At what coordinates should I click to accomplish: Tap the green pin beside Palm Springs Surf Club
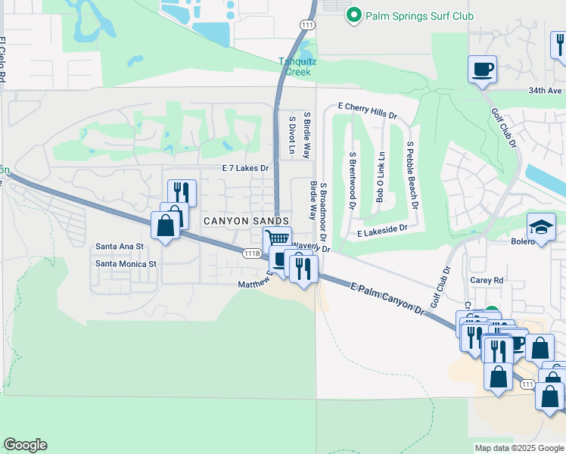click(353, 15)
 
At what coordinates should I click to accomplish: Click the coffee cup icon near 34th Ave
click(482, 70)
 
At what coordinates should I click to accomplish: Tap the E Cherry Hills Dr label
click(367, 110)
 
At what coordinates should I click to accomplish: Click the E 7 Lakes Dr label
click(245, 168)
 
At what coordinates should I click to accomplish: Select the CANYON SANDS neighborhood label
click(246, 220)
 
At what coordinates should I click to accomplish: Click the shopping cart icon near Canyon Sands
click(278, 239)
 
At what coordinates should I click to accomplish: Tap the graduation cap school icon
click(541, 226)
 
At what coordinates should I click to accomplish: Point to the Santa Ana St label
click(120, 247)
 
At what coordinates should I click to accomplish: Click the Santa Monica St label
click(125, 264)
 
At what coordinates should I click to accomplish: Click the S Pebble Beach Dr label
click(412, 173)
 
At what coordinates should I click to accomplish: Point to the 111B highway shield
click(252, 253)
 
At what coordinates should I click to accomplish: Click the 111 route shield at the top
click(306, 25)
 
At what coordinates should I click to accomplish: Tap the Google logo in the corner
click(25, 445)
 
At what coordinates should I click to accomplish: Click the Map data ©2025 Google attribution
click(519, 448)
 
